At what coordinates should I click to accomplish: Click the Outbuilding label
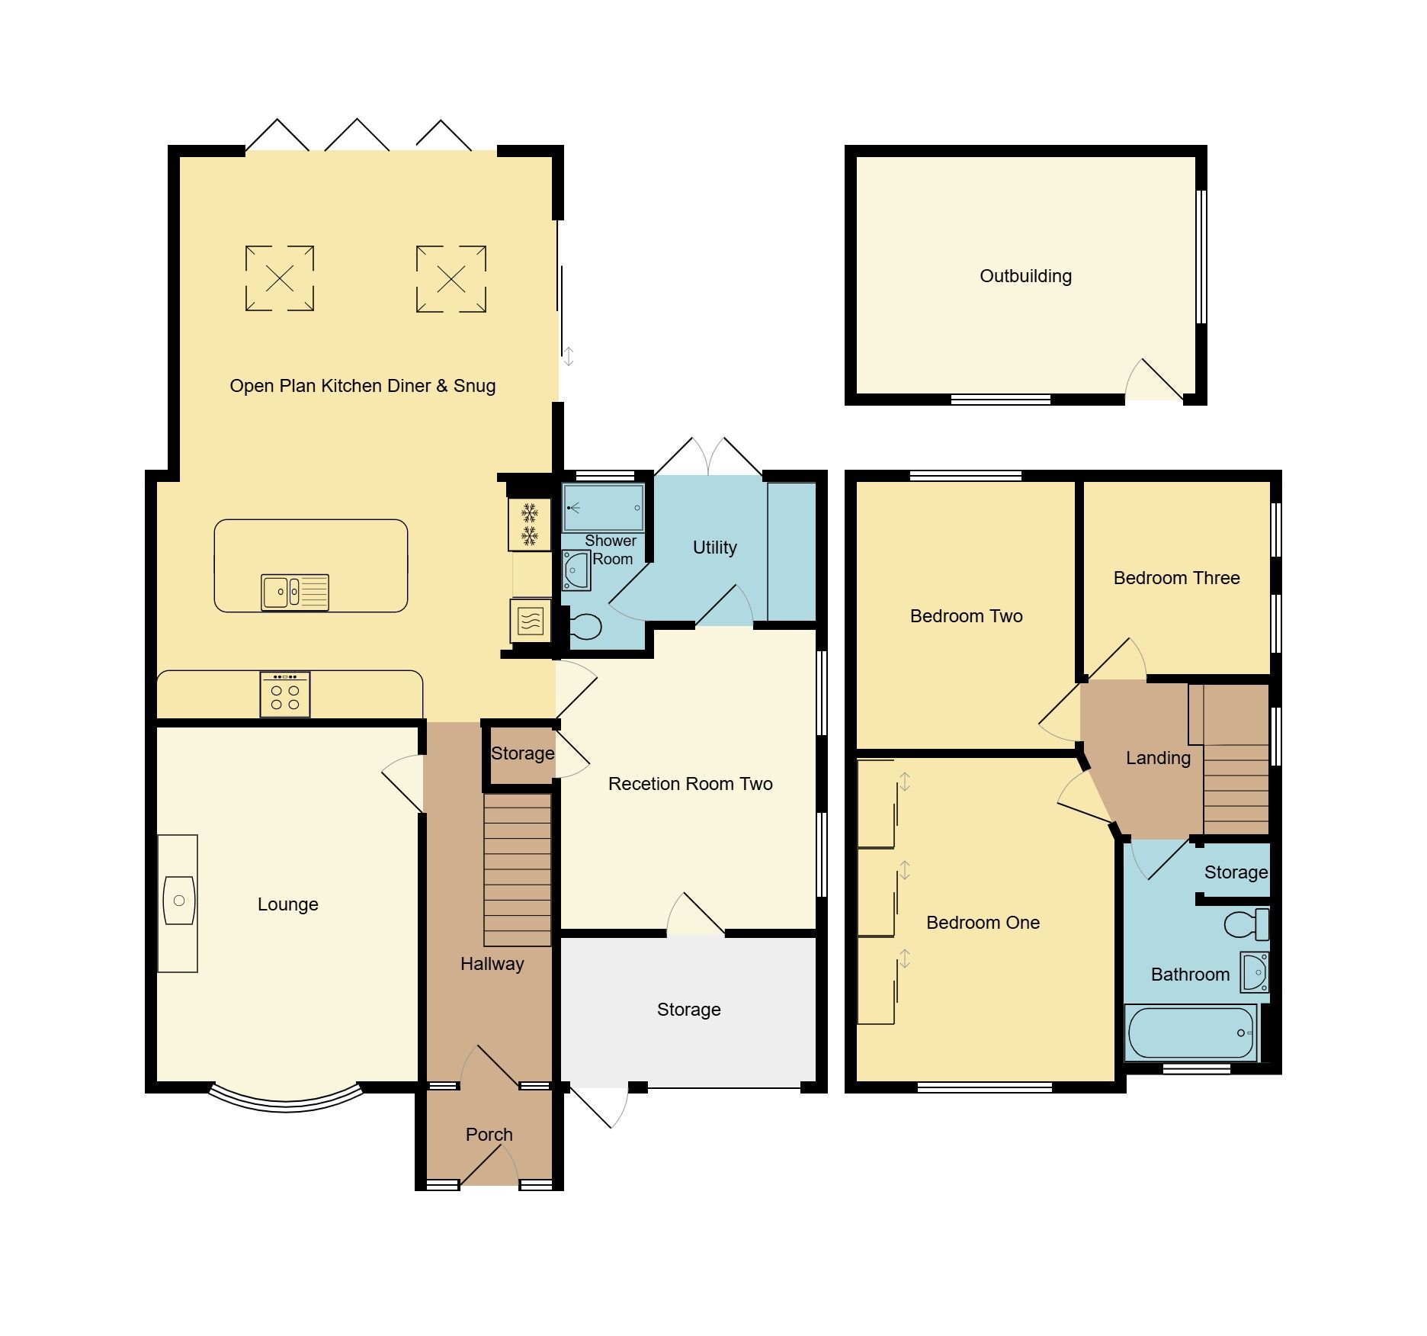coord(1025,276)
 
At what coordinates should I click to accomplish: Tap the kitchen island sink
coord(294,592)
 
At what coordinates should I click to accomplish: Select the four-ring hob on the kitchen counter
coord(284,695)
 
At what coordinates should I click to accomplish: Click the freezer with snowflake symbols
coord(529,524)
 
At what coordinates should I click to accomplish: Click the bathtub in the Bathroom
coord(1191,1033)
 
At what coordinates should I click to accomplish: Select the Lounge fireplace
coord(178,903)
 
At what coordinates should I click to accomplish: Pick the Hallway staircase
coord(517,869)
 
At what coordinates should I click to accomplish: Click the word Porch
coord(489,1135)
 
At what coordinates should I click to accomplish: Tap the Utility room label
coord(714,548)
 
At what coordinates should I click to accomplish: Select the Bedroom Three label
coord(1176,578)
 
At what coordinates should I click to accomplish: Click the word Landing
coord(1158,758)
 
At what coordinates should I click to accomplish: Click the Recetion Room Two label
coord(690,784)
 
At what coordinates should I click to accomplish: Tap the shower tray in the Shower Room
coord(603,507)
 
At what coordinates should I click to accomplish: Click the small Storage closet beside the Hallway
coord(521,753)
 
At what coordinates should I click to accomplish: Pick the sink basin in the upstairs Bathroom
coord(1253,971)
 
